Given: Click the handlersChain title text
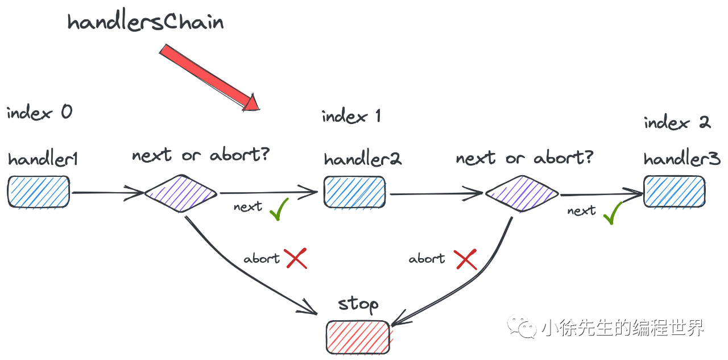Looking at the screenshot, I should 146,22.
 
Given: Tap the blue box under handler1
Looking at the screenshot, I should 39,191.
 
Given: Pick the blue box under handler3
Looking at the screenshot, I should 674,191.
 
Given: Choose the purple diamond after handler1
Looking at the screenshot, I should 181,193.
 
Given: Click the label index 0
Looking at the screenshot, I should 39,112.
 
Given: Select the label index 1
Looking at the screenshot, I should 351,117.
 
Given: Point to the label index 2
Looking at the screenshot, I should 677,122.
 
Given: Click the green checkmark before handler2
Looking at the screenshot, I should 279,209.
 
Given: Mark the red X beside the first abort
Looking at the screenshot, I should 296,259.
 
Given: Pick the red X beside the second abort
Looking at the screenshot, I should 466,259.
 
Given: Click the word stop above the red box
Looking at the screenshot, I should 358,305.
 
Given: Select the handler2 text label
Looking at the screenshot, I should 363,159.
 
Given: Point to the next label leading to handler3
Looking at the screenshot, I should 581,211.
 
